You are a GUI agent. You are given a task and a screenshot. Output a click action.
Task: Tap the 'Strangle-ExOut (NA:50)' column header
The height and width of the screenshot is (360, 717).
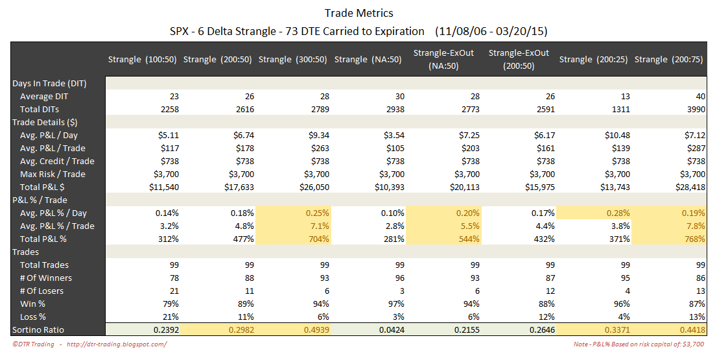click(x=444, y=60)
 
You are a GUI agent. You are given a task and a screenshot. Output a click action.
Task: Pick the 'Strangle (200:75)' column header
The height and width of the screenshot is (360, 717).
click(x=670, y=60)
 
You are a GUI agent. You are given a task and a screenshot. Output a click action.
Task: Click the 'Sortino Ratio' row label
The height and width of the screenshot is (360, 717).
click(x=38, y=330)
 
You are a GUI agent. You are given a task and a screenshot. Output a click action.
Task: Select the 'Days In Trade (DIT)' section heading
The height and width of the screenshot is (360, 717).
click(x=50, y=83)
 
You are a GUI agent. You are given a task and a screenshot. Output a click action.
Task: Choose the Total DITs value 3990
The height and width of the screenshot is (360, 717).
click(x=694, y=109)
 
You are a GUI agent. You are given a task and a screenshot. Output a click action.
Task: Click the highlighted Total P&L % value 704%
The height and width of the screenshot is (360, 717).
click(x=318, y=239)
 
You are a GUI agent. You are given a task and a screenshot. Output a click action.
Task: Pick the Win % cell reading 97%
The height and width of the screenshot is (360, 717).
click(x=395, y=304)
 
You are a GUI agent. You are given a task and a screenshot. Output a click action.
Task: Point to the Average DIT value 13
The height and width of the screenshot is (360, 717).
click(x=624, y=96)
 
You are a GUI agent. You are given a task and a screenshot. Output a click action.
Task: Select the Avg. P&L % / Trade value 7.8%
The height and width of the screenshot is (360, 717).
click(x=694, y=226)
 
